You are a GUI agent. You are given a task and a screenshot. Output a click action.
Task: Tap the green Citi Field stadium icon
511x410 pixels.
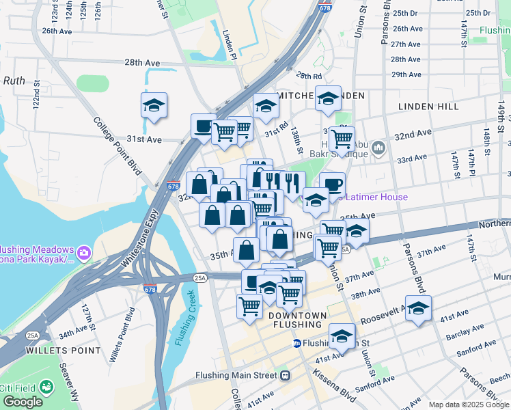(x=46, y=388)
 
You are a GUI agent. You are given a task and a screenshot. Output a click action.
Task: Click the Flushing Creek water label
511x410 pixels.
(x=184, y=318)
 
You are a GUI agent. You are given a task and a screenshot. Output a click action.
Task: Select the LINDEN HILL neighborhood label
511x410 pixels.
(x=430, y=107)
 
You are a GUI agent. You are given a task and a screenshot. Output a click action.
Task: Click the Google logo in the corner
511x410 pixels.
(x=23, y=402)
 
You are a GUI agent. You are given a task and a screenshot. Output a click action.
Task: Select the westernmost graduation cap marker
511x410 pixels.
(x=154, y=105)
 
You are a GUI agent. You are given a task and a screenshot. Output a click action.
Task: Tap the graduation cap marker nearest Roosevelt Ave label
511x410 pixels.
(x=418, y=307)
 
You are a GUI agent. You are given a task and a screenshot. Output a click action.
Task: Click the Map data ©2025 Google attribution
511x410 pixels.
(x=468, y=405)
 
